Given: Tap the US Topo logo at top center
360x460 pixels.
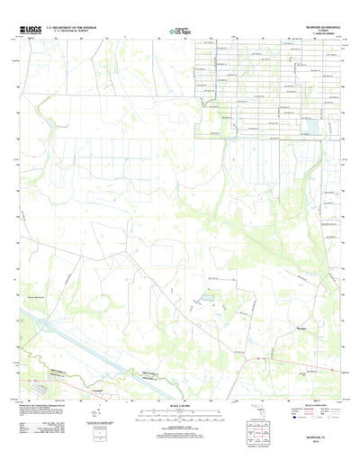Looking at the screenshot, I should click(180, 32).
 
